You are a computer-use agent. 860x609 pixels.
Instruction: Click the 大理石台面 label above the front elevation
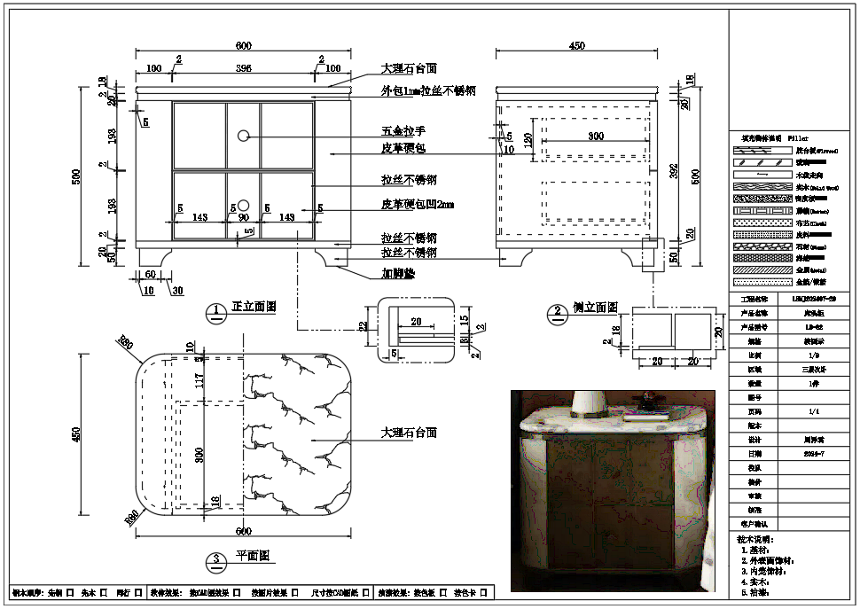click(408, 68)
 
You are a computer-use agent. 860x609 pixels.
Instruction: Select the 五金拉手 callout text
click(403, 131)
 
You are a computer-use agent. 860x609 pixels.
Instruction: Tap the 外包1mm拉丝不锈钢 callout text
click(428, 90)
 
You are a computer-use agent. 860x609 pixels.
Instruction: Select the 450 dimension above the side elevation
click(576, 46)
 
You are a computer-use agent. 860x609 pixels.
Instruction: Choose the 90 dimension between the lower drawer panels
click(243, 216)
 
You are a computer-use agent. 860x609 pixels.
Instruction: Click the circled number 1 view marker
click(216, 311)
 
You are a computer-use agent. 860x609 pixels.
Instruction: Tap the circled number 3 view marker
click(216, 560)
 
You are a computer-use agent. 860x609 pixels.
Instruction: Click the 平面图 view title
click(252, 557)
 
